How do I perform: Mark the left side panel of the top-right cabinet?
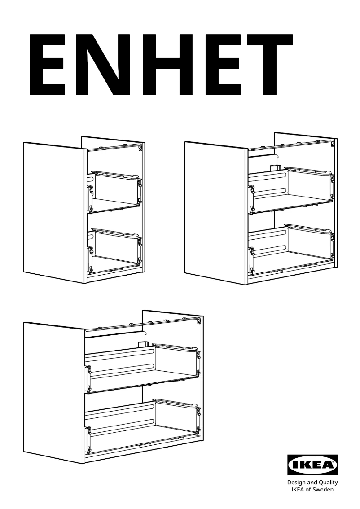point(215,211)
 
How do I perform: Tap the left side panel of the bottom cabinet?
point(54,391)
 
